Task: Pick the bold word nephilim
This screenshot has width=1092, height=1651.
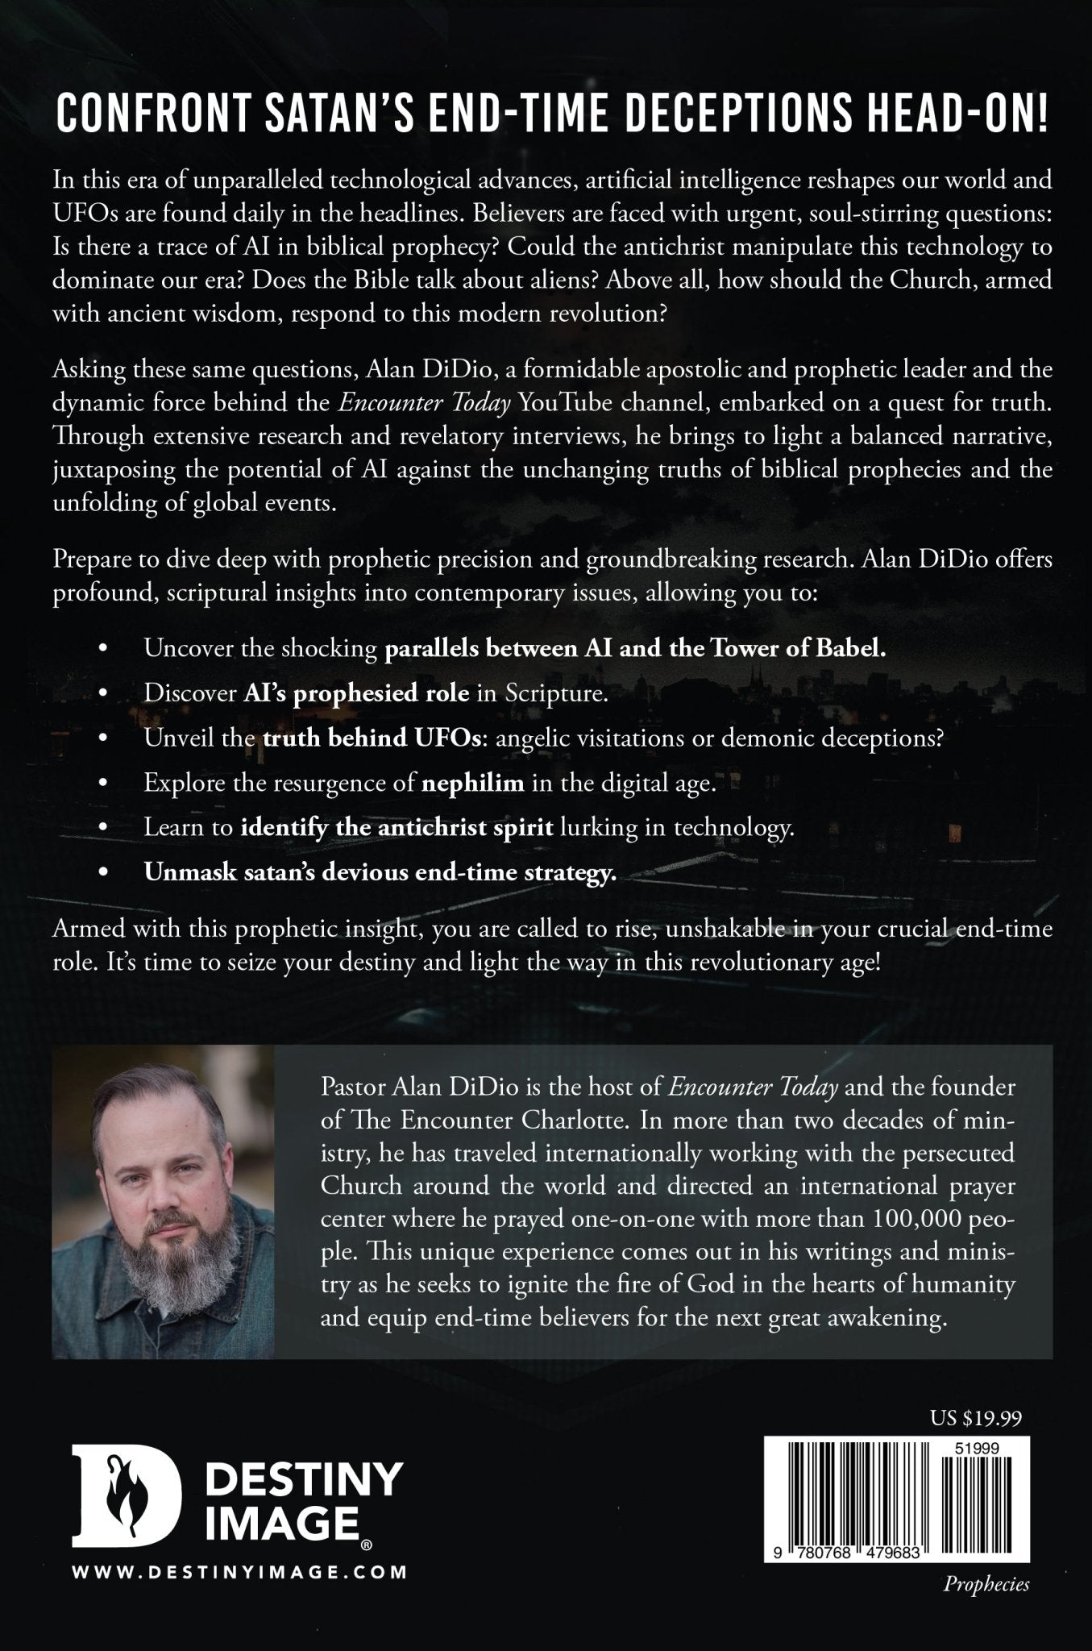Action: tap(459, 784)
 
